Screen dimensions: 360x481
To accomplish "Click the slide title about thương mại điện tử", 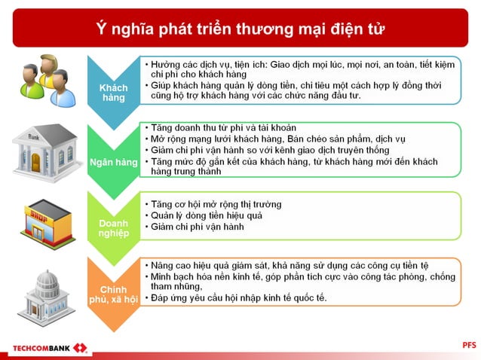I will [240, 29].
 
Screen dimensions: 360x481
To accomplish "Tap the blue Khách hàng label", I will [114, 93].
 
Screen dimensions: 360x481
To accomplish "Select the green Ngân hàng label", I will [114, 162].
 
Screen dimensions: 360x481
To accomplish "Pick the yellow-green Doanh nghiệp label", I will [114, 228].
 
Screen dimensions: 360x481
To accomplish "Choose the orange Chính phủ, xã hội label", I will [114, 296].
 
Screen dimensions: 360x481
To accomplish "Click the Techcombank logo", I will [48, 349].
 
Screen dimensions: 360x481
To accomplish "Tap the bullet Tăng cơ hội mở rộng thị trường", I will [216, 204].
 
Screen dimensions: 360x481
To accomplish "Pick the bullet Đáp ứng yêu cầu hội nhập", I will [238, 297].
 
